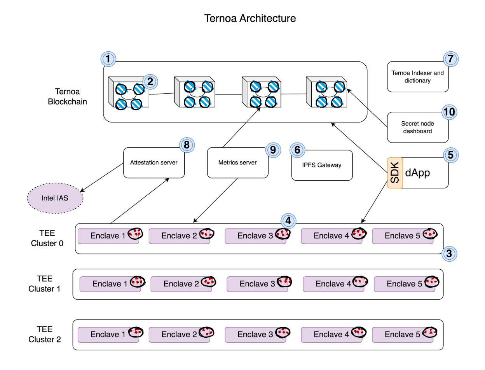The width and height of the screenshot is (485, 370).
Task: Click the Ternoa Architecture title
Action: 250,18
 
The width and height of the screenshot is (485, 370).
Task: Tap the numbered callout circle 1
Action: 108,59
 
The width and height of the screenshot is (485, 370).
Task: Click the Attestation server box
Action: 154,162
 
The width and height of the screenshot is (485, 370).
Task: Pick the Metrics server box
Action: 237,162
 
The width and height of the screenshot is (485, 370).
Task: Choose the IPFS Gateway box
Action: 322,165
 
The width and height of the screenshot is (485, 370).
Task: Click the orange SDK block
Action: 395,173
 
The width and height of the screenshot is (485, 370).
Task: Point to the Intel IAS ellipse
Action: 55,198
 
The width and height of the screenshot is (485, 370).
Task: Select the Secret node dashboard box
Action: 417,127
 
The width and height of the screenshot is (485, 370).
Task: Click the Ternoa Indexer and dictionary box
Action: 417,77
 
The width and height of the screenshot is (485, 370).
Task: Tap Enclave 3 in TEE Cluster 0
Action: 255,236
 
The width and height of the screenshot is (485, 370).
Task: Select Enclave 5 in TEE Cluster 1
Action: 404,284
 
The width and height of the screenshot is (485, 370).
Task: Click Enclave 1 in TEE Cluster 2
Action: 108,335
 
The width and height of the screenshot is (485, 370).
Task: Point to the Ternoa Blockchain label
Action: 67,97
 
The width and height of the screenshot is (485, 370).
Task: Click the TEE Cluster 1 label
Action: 44,284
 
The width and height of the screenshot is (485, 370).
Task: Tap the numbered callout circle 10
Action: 449,112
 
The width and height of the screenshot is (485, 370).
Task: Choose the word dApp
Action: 417,173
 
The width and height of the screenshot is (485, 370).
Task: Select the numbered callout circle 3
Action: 449,254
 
